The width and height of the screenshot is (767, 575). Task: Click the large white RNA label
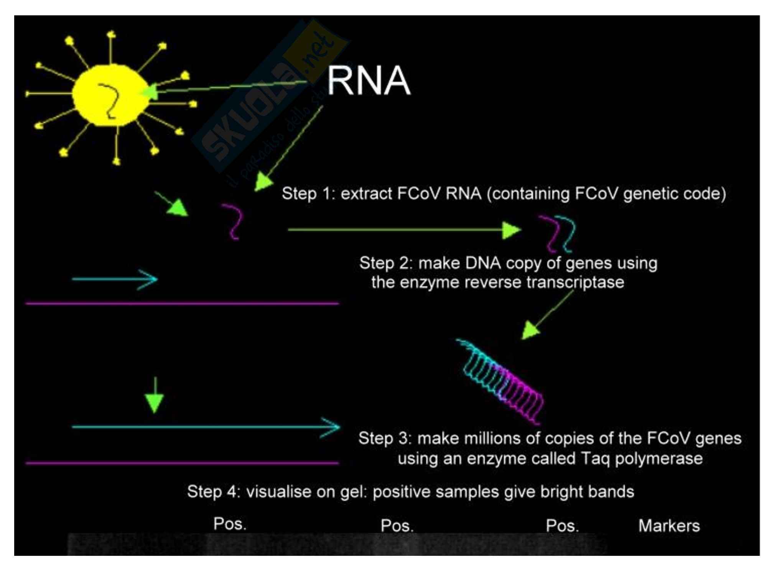(368, 80)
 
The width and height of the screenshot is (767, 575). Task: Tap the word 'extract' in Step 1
(366, 194)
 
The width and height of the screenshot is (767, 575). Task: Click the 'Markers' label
(669, 526)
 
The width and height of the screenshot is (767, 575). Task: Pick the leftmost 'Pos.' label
(229, 524)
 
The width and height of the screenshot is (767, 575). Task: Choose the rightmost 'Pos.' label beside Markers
(562, 526)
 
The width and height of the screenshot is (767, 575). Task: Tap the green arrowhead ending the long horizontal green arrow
(511, 230)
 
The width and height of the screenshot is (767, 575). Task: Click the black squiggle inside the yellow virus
(109, 100)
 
